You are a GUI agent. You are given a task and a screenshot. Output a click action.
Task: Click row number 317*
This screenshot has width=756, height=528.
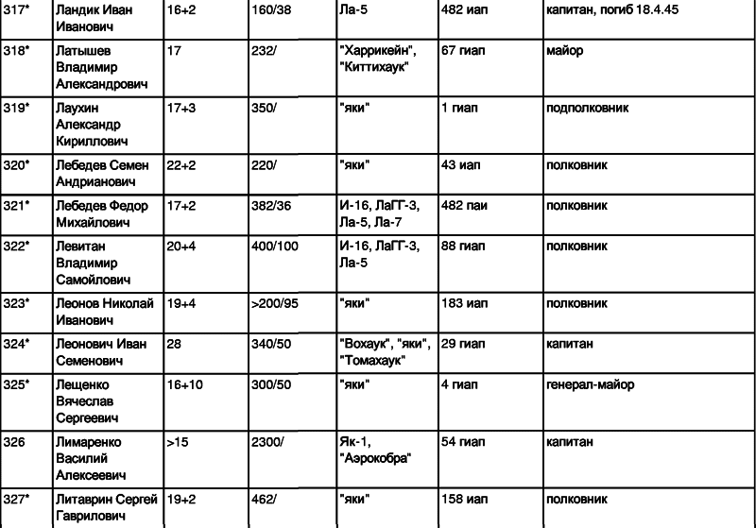pyautogui.click(x=16, y=9)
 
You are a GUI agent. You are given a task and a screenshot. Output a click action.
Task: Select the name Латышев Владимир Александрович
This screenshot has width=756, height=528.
pyautogui.click(x=102, y=67)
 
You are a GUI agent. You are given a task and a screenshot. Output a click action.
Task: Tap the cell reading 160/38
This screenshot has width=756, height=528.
pyautogui.click(x=271, y=9)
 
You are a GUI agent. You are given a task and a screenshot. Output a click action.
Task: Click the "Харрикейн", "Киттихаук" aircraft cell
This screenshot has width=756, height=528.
pyautogui.click(x=378, y=59)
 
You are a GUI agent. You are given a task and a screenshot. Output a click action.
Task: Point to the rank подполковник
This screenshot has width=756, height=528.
pyautogui.click(x=587, y=108)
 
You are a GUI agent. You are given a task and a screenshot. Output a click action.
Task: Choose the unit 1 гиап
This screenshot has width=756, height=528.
pyautogui.click(x=459, y=108)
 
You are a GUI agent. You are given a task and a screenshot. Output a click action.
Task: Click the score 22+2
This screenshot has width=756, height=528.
pyautogui.click(x=181, y=164)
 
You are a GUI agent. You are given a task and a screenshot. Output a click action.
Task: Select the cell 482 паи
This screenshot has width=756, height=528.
pyautogui.click(x=464, y=206)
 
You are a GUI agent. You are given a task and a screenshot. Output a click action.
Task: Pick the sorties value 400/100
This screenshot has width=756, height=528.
pyautogui.click(x=275, y=247)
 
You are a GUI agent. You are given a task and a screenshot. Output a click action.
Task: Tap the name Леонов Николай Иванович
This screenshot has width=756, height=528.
pyautogui.click(x=105, y=312)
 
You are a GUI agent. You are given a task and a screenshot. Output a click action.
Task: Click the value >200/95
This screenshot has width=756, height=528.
pyautogui.click(x=275, y=303)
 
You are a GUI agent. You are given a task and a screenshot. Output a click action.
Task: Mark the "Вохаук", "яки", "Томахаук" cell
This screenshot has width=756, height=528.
pyautogui.click(x=386, y=352)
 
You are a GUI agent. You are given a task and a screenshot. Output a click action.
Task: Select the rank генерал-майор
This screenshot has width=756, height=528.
pyautogui.click(x=590, y=385)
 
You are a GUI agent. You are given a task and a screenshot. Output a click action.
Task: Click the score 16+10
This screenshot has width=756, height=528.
pyautogui.click(x=184, y=385)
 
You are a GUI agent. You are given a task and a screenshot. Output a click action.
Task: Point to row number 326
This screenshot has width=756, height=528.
pyautogui.click(x=14, y=442)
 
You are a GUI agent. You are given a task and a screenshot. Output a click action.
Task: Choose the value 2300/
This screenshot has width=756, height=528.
pyautogui.click(x=267, y=442)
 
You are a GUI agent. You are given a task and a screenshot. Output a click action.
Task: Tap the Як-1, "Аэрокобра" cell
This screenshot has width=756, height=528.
pyautogui.click(x=375, y=450)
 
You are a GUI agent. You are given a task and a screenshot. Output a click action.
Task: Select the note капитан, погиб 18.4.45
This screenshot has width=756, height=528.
pyautogui.click(x=612, y=10)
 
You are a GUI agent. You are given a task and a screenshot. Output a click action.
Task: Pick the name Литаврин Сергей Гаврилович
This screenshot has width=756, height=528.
pyautogui.click(x=107, y=507)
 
